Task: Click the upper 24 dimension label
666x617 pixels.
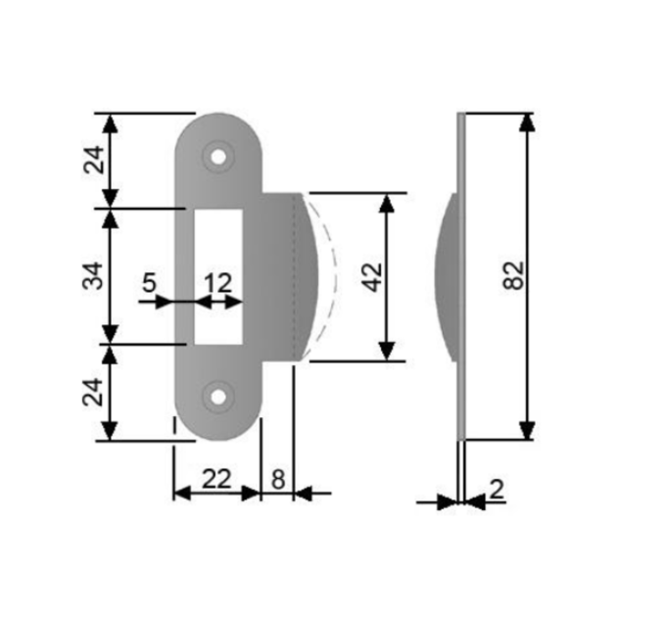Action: (94, 160)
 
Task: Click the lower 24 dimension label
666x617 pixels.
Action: (94, 392)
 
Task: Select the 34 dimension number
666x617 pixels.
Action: (93, 276)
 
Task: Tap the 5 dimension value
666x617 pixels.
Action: (149, 283)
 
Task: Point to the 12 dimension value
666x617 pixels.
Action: (218, 283)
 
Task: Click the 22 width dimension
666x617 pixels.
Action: (216, 479)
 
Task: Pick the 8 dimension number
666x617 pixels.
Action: (278, 480)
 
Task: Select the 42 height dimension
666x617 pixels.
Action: (374, 277)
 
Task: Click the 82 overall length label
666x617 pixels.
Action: (513, 275)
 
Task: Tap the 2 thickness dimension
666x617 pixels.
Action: (497, 489)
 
